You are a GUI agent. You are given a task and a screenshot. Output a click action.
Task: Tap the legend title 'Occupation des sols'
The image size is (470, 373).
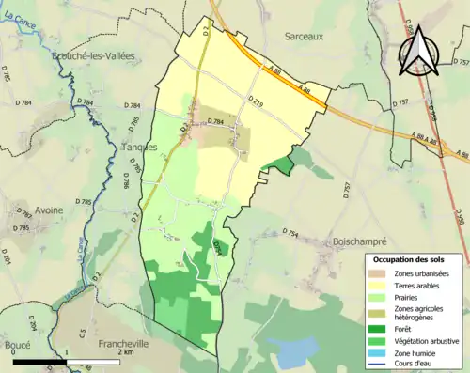click(409, 258)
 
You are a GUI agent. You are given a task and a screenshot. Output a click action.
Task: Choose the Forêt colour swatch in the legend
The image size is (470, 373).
click(379, 328)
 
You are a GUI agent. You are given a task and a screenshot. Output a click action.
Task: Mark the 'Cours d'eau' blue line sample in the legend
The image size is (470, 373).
click(379, 366)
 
